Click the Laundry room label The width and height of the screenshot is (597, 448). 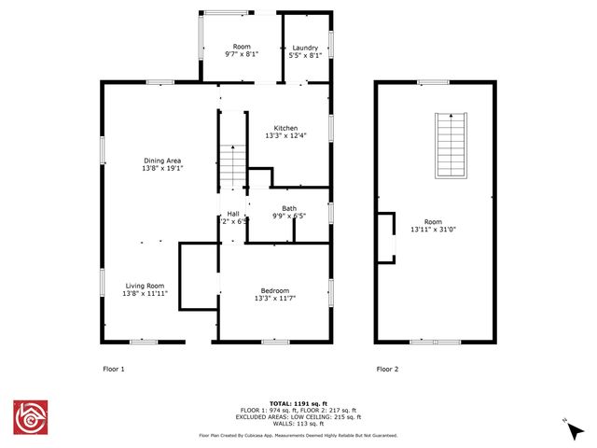(x=306, y=48)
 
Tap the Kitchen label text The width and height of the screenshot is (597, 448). (x=285, y=128)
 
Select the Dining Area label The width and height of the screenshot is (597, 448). (x=161, y=161)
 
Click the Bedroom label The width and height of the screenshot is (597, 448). (x=274, y=290)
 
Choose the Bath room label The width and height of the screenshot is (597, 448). (x=289, y=208)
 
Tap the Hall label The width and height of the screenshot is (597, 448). (x=233, y=214)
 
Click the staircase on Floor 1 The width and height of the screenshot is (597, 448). (x=232, y=166)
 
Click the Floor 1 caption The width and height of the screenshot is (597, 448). (x=113, y=369)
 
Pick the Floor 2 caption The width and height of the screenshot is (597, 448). (x=387, y=369)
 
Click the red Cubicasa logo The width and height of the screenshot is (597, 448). (x=30, y=418)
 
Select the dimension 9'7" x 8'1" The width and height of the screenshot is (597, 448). (x=242, y=55)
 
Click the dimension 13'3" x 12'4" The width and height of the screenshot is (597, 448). (x=285, y=136)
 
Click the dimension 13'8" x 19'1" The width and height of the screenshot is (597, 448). (x=161, y=169)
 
